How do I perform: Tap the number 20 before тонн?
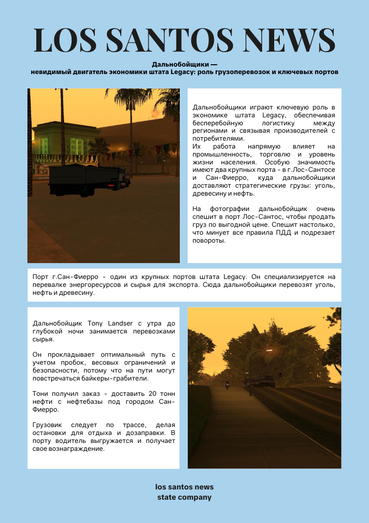click(x=119, y=394)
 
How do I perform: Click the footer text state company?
click(x=184, y=497)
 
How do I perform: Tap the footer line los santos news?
click(x=184, y=487)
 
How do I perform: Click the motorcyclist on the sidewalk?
click(x=227, y=385)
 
